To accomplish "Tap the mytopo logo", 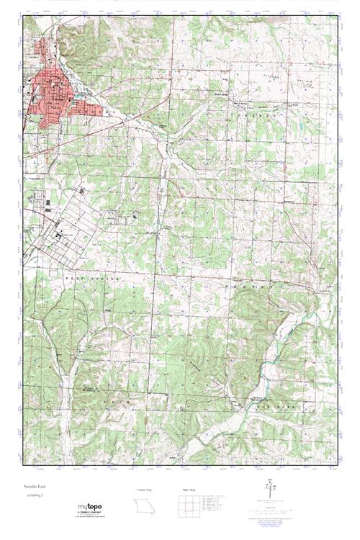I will coord(90,509).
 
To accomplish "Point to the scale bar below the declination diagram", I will coord(269,510).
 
